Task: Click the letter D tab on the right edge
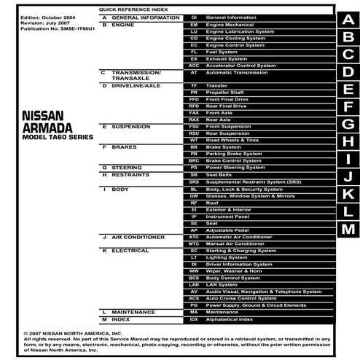click(x=348, y=71)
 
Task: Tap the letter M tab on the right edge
click(x=348, y=229)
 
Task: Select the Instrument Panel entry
click(x=227, y=216)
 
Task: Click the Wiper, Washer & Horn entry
click(x=235, y=270)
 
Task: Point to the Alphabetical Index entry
click(x=229, y=319)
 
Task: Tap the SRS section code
click(x=193, y=181)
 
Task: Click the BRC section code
click(x=193, y=160)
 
